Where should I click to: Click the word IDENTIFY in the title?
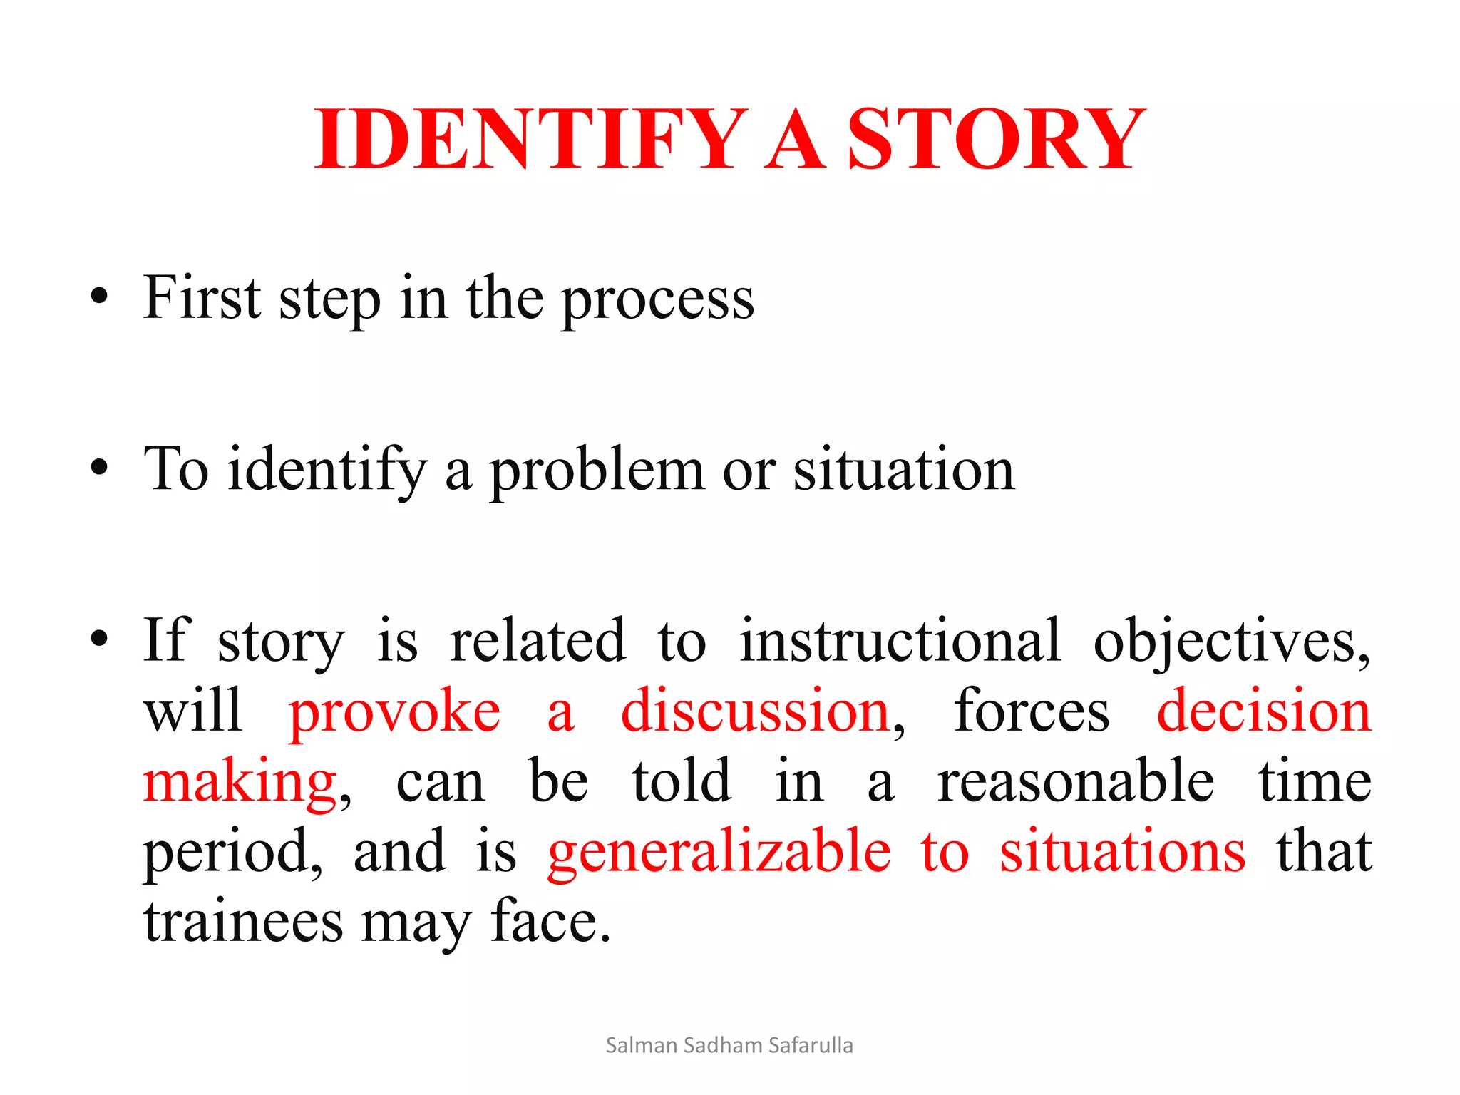point(531,139)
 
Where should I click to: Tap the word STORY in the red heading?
point(996,139)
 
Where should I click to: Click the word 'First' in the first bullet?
point(202,297)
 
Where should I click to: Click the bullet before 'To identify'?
point(99,468)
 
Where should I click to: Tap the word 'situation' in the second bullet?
point(903,470)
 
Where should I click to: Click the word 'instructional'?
point(900,640)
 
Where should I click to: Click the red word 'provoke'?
point(394,711)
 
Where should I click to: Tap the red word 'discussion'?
point(755,711)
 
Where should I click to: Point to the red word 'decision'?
point(1263,711)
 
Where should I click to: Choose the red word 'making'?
point(240,783)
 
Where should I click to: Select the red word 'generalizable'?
point(719,852)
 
